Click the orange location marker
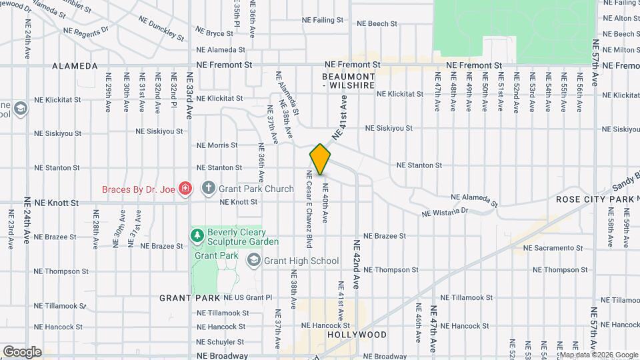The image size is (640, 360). point(320,159)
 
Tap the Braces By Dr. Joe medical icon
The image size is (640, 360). point(185,189)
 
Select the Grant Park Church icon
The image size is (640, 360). point(208,189)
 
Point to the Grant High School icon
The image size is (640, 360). point(253,261)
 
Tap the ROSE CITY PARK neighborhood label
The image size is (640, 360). point(595,199)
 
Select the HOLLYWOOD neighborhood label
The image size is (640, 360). point(357,334)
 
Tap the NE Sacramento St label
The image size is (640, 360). point(553,248)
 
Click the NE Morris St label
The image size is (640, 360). point(217,145)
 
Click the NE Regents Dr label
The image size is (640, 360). point(85,31)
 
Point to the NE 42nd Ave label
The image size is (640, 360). point(357,264)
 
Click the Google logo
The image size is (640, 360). point(21,352)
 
